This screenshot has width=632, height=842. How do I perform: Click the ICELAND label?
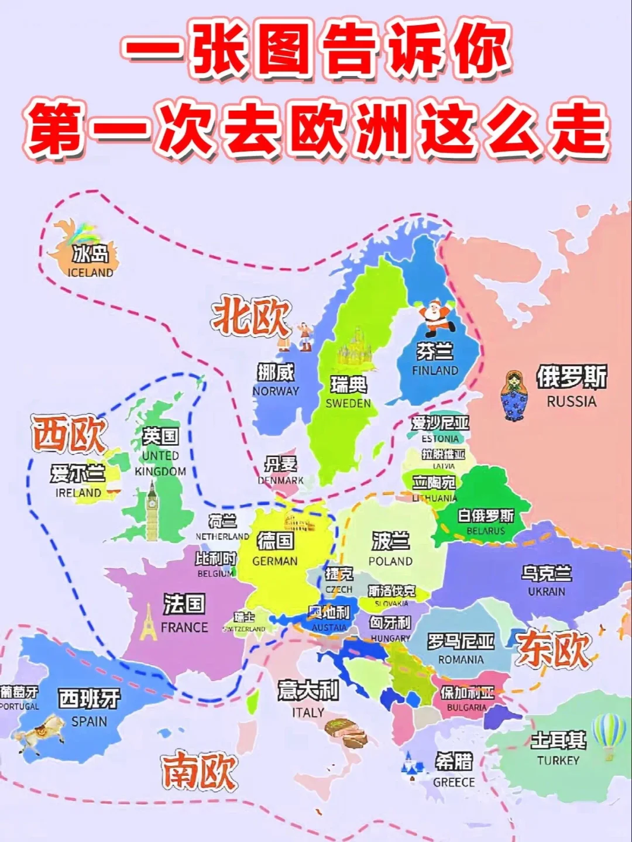(90, 273)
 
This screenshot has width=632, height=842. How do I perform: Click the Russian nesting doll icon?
(514, 396)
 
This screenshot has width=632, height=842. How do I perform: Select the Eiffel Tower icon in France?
(149, 622)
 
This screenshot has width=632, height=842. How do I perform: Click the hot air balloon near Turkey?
(609, 735)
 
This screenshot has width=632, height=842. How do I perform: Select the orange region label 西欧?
(69, 435)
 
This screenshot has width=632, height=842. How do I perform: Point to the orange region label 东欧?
(553, 649)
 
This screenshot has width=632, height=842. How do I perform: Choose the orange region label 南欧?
(199, 771)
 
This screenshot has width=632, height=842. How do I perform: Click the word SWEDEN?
(348, 403)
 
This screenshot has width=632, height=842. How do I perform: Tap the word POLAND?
(390, 561)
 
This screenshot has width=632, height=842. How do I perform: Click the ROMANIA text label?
(461, 659)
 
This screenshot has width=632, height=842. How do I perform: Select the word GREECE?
(454, 782)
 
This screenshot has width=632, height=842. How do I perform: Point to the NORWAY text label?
(276, 391)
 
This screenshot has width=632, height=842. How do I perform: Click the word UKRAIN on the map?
(547, 592)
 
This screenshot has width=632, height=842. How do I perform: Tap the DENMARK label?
(281, 480)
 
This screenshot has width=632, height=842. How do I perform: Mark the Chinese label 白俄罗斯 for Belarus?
(486, 515)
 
